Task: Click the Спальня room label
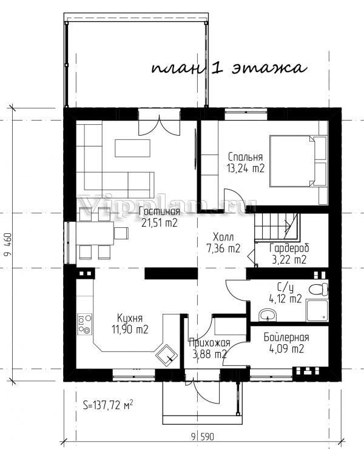click(x=245, y=157)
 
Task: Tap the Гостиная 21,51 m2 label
click(x=160, y=217)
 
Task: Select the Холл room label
click(x=224, y=237)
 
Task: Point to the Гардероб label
click(x=289, y=248)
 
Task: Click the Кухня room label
click(x=130, y=318)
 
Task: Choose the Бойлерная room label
click(x=286, y=338)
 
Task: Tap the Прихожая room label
click(x=209, y=343)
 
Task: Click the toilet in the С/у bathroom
click(x=318, y=289)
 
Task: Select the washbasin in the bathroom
click(x=268, y=315)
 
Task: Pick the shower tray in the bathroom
click(x=317, y=310)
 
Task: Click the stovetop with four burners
click(x=85, y=324)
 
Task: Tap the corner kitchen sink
click(x=166, y=355)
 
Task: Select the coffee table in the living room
click(x=133, y=148)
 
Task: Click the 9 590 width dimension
click(x=203, y=437)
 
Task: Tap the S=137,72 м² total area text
click(x=108, y=405)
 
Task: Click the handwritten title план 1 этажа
click(x=229, y=68)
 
